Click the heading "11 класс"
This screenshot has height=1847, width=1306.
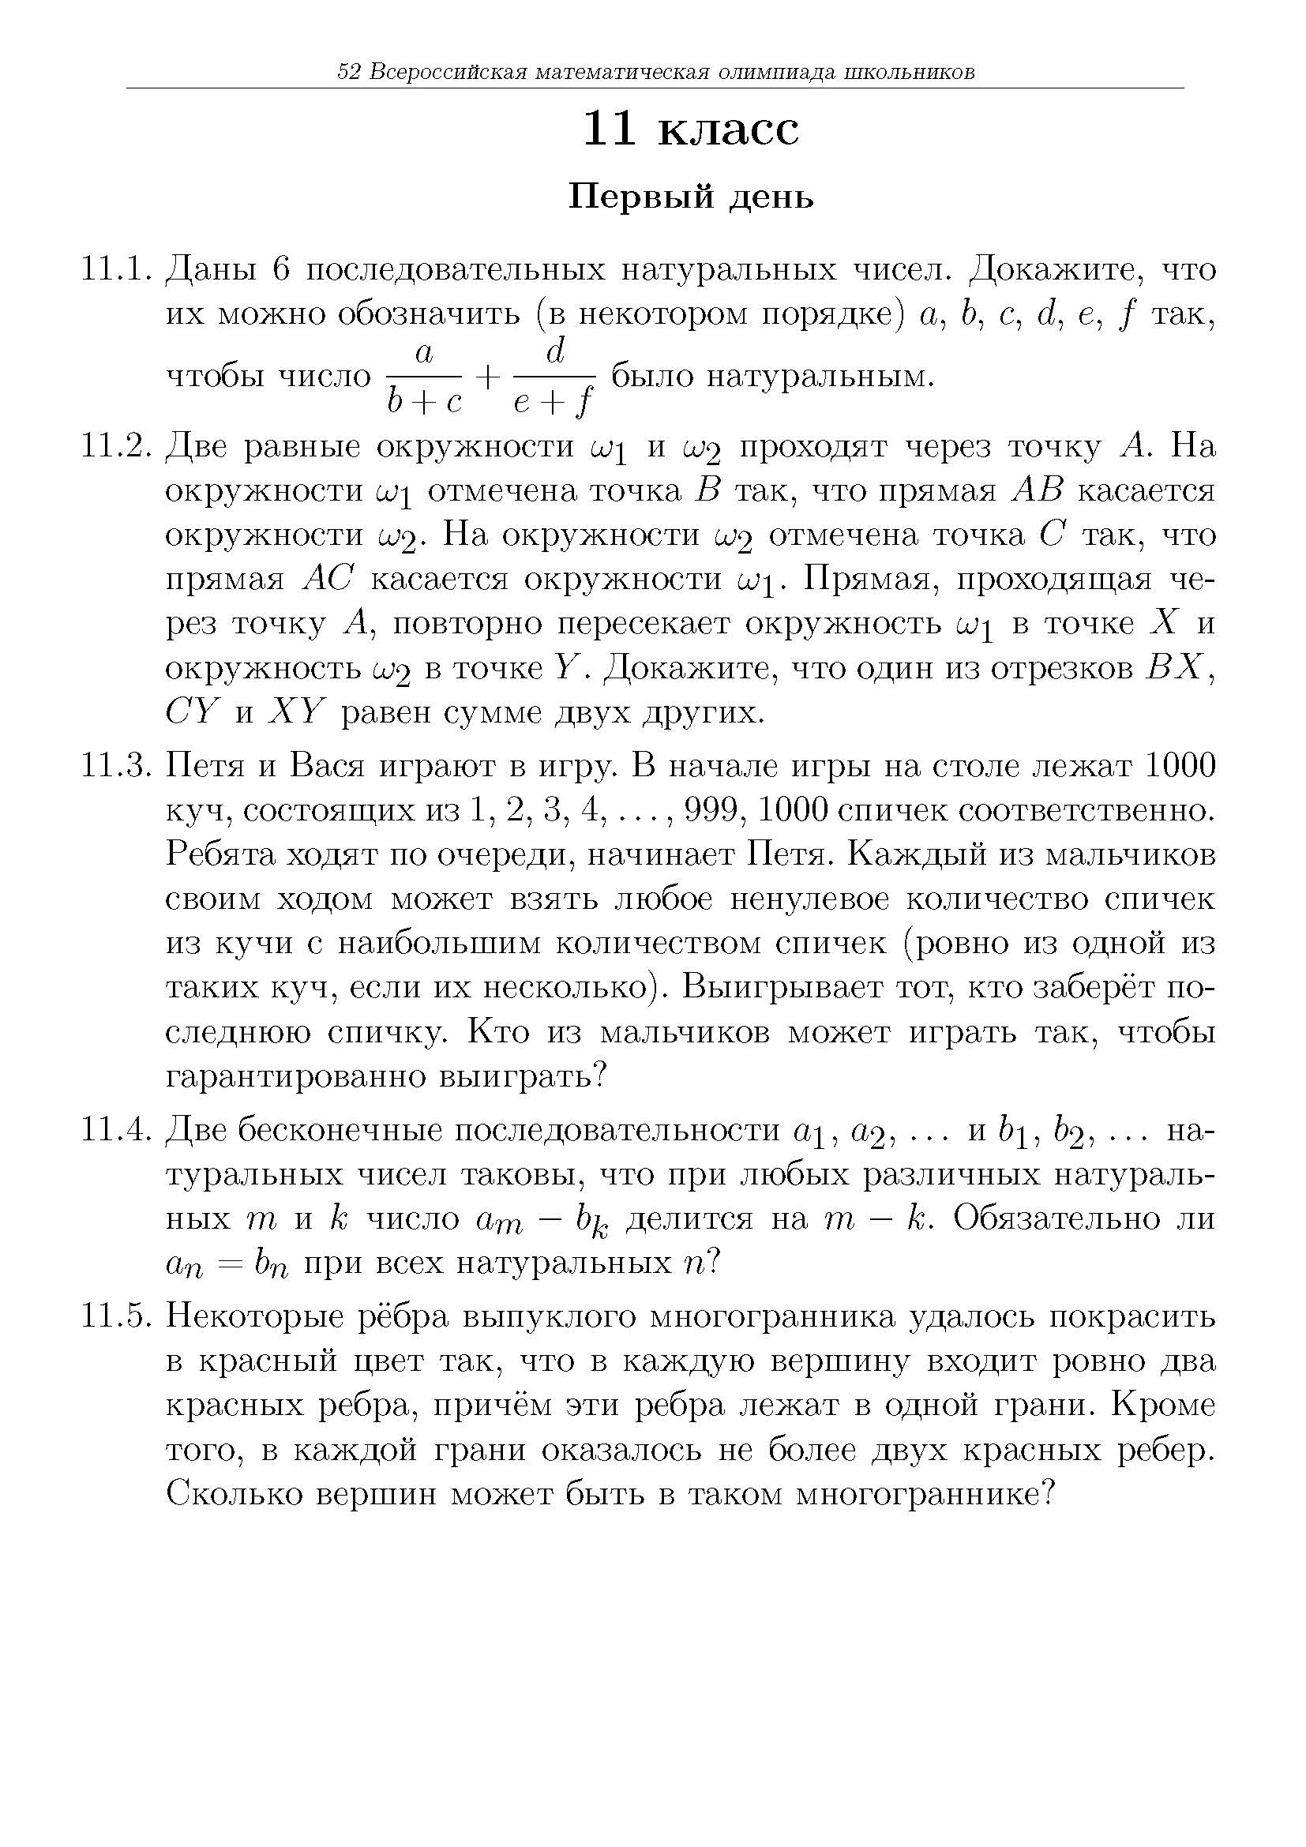click(x=691, y=129)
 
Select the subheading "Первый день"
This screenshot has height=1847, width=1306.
click(x=691, y=197)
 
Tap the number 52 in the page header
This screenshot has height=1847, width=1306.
click(x=348, y=73)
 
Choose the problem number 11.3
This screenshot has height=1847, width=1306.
click(x=117, y=767)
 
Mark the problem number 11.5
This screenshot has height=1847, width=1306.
click(x=117, y=1317)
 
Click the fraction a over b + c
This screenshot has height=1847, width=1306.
click(x=424, y=377)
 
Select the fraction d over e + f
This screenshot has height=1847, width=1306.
click(x=554, y=377)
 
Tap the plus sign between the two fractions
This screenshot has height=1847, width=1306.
click(x=489, y=377)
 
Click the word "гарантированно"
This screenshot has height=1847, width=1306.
click(x=295, y=1076)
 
